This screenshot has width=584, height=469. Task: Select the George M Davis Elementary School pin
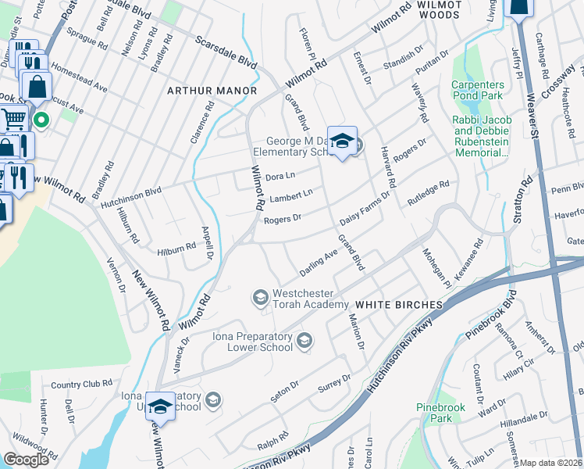pyautogui.click(x=341, y=141)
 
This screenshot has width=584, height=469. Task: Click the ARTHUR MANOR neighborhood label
pyautogui.click(x=212, y=91)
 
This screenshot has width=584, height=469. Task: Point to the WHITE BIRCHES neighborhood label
pyautogui.click(x=394, y=303)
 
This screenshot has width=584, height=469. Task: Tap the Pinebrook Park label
pyautogui.click(x=435, y=413)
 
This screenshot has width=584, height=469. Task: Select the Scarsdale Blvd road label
pyautogui.click(x=226, y=51)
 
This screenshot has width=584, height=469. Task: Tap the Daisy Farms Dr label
pyautogui.click(x=364, y=206)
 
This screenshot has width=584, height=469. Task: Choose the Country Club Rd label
pyautogui.click(x=81, y=385)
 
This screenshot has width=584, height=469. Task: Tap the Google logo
pyautogui.click(x=27, y=460)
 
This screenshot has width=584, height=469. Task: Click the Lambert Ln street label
pyautogui.click(x=290, y=195)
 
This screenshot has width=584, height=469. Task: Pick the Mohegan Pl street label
pyautogui.click(x=438, y=268)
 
